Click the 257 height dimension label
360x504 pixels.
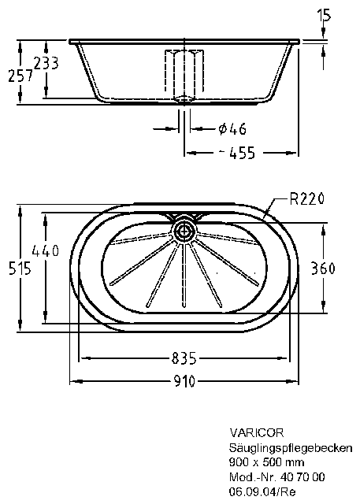(x=20, y=76)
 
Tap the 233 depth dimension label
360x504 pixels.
(x=46, y=63)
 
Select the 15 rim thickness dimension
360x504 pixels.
(x=324, y=15)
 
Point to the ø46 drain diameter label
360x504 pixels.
(x=232, y=129)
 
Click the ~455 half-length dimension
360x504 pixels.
(x=238, y=153)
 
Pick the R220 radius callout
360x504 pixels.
(x=306, y=199)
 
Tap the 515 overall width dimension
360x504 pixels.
(x=20, y=268)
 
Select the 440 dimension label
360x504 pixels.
(x=46, y=250)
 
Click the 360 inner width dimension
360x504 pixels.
(x=323, y=268)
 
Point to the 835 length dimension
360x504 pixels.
(x=184, y=358)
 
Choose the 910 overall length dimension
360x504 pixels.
(x=184, y=381)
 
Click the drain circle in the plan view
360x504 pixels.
(x=184, y=231)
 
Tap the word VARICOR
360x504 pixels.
(x=257, y=432)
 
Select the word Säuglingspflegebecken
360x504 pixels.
(x=291, y=448)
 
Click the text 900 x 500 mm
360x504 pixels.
(x=266, y=462)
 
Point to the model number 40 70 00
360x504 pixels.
(x=302, y=476)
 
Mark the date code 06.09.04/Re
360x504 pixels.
(x=262, y=491)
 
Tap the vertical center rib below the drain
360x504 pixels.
(x=184, y=275)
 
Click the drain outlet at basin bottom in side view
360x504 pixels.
(x=184, y=99)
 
